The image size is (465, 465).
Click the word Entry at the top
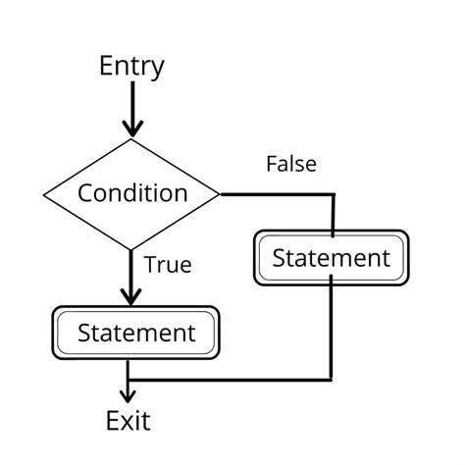coord(131,67)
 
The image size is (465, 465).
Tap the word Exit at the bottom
coord(129,422)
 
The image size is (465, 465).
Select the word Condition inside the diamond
coord(132,193)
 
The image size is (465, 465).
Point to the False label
coord(291,164)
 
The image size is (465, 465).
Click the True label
coord(168,264)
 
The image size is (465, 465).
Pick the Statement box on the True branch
coord(135,333)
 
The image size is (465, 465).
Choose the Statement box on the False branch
coord(331,258)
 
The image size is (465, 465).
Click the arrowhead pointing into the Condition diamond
coord(131,128)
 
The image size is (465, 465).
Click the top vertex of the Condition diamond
coord(131,139)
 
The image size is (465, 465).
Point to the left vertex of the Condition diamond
coord(45,193)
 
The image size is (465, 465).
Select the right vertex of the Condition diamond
coord(220,194)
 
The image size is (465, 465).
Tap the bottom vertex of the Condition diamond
coord(131,248)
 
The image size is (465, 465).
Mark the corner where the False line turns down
coord(333,195)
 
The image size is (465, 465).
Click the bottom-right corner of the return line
coord(331,379)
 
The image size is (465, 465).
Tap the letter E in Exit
coord(113,422)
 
